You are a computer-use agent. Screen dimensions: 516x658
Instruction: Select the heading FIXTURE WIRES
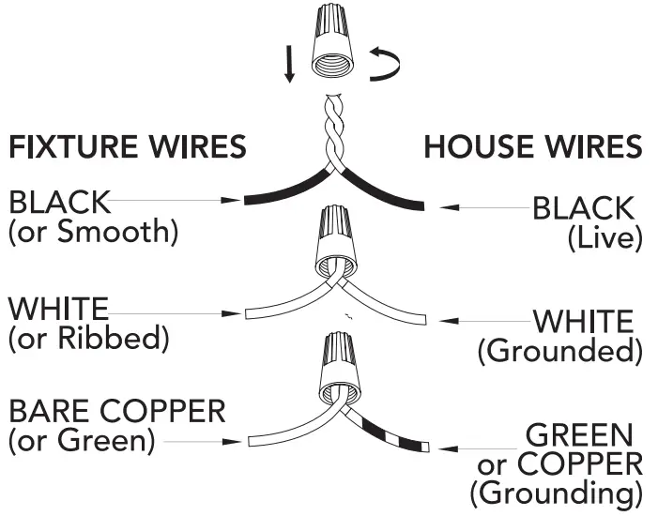[128, 147]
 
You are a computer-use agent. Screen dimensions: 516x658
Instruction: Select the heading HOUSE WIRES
[533, 147]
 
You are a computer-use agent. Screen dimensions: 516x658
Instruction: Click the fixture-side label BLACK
[59, 203]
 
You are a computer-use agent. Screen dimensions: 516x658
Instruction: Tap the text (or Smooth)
[92, 231]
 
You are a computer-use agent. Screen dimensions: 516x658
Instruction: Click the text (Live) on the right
[604, 237]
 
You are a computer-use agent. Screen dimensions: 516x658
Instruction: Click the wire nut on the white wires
[335, 244]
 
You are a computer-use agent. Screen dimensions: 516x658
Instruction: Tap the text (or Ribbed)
[89, 338]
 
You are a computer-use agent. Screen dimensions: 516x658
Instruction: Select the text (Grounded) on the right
[560, 351]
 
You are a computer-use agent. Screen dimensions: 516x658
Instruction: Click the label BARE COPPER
[117, 411]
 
